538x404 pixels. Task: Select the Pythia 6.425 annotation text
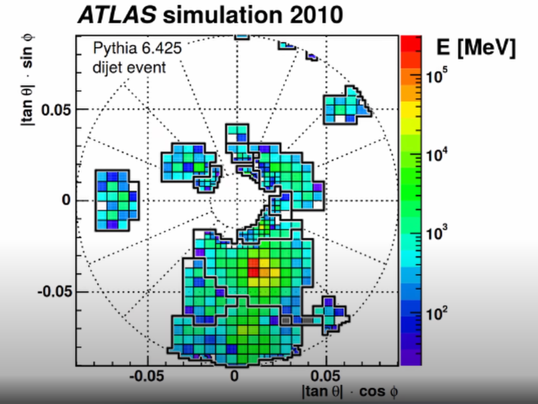pyautogui.click(x=137, y=48)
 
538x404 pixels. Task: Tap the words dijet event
pyautogui.click(x=129, y=67)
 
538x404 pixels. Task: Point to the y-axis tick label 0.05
pyautogui.click(x=56, y=110)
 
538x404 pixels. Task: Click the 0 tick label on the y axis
pyautogui.click(x=66, y=200)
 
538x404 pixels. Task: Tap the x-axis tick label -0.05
pyautogui.click(x=147, y=377)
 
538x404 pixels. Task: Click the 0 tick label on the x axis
pyautogui.click(x=234, y=377)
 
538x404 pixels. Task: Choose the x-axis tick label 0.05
pyautogui.click(x=325, y=377)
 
